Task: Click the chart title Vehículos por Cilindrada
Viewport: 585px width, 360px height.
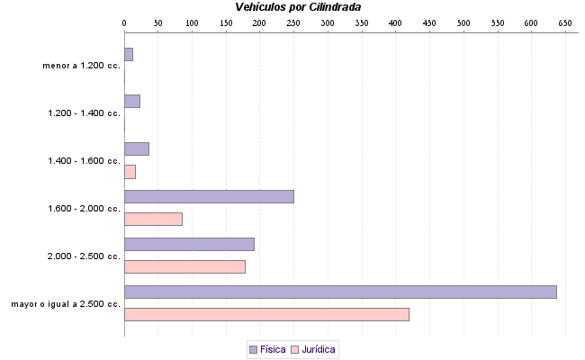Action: [298, 6]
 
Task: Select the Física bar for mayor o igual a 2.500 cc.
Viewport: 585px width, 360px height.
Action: [340, 292]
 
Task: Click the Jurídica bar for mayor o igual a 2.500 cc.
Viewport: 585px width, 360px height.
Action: [266, 314]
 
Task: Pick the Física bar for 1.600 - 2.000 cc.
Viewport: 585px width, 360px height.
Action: [209, 196]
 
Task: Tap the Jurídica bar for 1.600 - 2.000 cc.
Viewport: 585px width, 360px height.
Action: [153, 219]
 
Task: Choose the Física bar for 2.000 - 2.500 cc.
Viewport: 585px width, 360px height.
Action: [189, 244]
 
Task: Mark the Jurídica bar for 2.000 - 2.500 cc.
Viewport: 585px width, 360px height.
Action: [184, 266]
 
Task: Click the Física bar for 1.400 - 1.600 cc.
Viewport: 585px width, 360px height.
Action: [136, 148]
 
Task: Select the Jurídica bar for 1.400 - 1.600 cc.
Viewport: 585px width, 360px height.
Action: [130, 171]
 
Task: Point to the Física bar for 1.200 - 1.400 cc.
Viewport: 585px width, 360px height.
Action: [131, 101]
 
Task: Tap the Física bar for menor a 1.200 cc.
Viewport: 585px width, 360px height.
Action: [129, 54]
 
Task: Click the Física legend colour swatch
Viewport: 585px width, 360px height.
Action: [253, 349]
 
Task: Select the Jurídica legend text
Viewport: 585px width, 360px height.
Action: [319, 349]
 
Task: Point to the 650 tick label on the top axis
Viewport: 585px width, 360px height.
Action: [565, 22]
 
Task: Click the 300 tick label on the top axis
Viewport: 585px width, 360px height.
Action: [328, 22]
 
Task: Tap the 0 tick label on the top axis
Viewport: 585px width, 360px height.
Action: [124, 22]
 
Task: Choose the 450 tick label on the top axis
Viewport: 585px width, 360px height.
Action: [429, 22]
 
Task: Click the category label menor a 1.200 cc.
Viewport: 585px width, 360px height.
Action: [81, 66]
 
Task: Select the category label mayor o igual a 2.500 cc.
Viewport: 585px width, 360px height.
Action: [66, 304]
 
